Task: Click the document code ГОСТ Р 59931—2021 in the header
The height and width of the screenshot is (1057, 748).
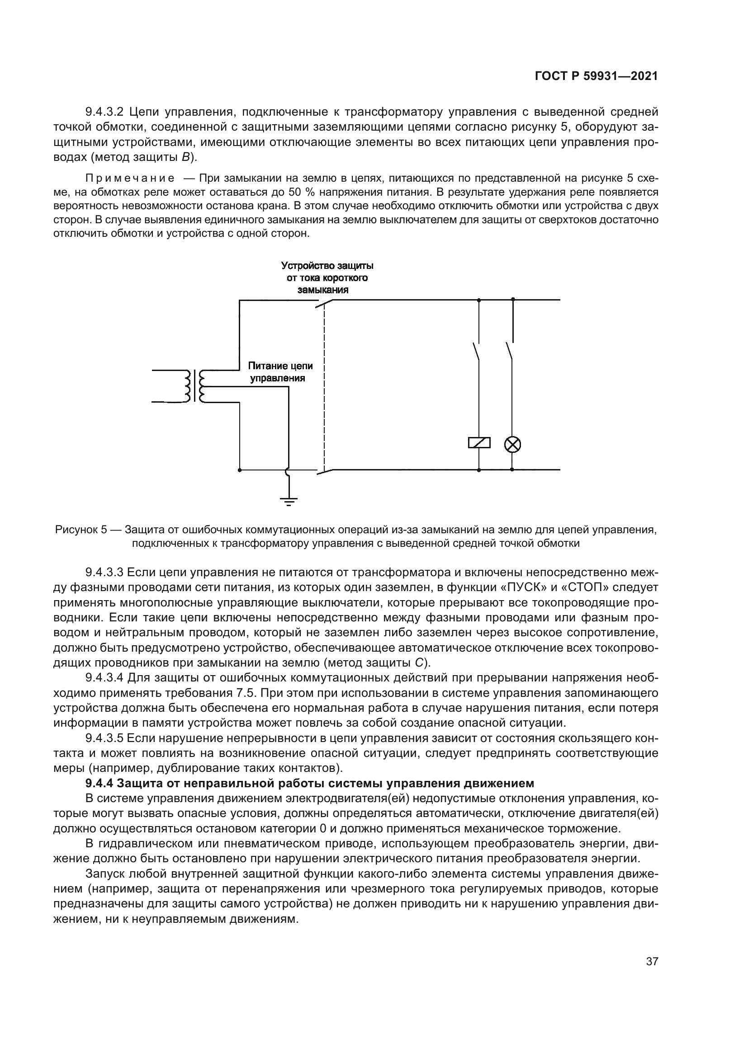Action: click(x=596, y=76)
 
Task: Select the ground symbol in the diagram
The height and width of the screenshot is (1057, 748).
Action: click(x=289, y=500)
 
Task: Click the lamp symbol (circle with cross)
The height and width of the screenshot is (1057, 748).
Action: click(x=513, y=444)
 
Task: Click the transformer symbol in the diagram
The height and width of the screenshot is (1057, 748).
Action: click(x=195, y=386)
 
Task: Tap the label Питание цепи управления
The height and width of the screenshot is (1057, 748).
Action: click(x=280, y=372)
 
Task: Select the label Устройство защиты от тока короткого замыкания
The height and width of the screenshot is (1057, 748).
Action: click(x=327, y=277)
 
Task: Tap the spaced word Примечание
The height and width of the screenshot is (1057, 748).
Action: click(x=130, y=178)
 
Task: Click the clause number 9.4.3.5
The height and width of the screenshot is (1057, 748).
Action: click(x=104, y=738)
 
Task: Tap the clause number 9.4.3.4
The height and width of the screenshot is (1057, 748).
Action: click(x=104, y=678)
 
